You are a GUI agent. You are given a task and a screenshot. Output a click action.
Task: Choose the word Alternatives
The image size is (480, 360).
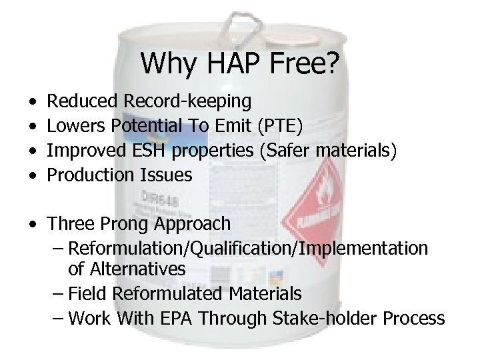[x=141, y=269]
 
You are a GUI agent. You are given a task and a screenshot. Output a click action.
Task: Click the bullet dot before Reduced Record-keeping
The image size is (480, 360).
[x=33, y=103]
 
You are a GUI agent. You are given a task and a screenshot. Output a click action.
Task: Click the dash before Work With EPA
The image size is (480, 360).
[x=58, y=319]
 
